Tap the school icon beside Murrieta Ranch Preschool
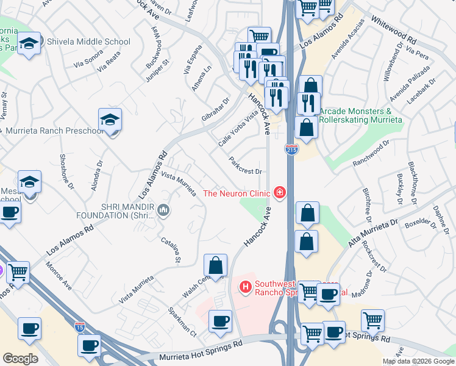click(110, 120)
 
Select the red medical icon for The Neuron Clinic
click(280, 193)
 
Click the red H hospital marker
click(246, 286)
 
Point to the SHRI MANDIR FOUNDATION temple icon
click(163, 211)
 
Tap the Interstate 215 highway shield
click(291, 149)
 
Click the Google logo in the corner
click(20, 359)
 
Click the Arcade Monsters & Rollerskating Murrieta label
click(361, 115)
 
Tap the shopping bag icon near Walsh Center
click(215, 265)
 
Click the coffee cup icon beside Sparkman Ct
click(220, 321)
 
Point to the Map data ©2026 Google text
click(418, 361)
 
